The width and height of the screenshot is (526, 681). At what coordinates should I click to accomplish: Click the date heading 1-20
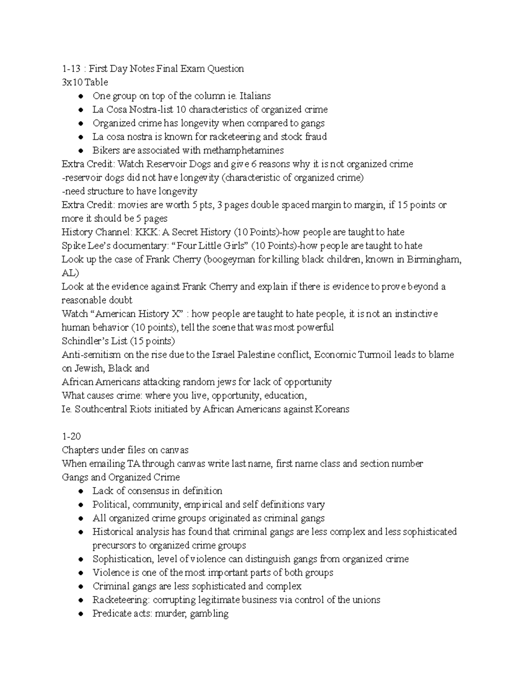coord(71,437)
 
